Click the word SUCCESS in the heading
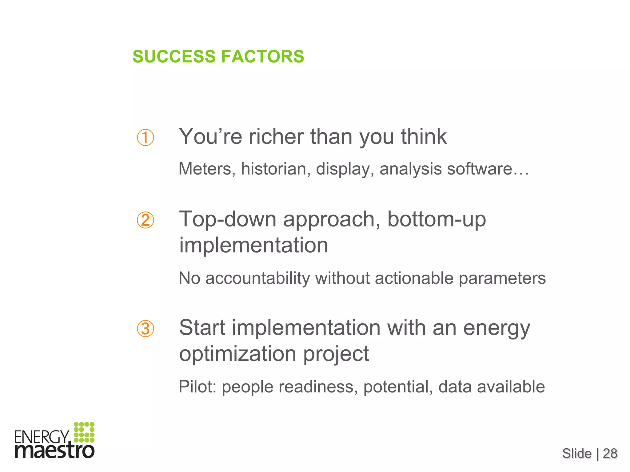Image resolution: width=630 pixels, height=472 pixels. (174, 57)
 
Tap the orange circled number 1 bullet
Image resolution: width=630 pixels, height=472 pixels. (145, 138)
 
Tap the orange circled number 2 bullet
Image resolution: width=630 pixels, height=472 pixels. (145, 220)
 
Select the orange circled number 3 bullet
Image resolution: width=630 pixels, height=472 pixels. (145, 328)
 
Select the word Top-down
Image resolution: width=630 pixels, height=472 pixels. (228, 219)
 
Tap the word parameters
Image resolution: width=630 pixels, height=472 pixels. (502, 278)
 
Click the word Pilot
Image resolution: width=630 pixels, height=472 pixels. (197, 387)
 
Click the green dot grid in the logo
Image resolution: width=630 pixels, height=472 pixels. (84, 432)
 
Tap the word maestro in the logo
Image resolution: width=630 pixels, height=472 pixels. (54, 451)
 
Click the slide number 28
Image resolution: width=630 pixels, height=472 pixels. (610, 454)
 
